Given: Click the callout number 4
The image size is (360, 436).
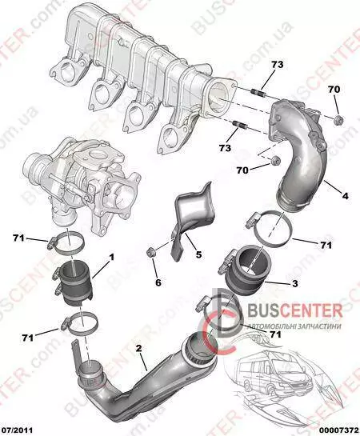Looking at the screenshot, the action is coord(345,196).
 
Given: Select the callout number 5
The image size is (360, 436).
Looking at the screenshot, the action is coord(198,254).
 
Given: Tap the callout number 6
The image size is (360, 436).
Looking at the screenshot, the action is coord(158,282).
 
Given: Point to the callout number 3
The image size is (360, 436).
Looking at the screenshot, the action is coord(294,283).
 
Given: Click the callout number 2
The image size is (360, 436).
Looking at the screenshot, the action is coord(139,348).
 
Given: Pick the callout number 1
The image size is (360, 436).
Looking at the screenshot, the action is coord(111,258).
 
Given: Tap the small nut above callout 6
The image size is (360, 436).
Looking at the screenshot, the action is coord(151,252).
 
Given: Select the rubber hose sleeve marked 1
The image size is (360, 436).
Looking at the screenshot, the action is coord(74,285).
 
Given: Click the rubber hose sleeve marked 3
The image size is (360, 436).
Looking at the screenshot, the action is coord(245,271).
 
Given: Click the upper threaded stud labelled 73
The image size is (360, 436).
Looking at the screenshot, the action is coord(259,92).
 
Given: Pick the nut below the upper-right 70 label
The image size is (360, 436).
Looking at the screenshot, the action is coord(338,120).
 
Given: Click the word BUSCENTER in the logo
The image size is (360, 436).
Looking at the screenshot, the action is coord(294,310).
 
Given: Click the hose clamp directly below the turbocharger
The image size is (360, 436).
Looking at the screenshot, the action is coord(67,244).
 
